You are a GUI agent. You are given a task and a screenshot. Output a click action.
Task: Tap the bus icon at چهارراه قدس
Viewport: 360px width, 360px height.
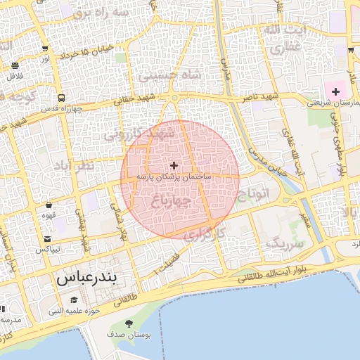click(62, 98)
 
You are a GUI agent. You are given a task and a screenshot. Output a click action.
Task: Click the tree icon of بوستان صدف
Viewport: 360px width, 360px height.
click(129, 323)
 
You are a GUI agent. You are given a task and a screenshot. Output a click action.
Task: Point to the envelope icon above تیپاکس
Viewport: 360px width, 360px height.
click(47, 239)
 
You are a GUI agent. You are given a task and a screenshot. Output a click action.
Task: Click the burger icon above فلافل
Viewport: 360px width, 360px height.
click(15, 65)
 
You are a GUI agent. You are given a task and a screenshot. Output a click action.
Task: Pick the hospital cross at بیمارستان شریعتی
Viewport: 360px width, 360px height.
click(335, 91)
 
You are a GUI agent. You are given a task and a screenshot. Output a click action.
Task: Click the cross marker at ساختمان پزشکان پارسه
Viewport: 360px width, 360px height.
click(174, 165)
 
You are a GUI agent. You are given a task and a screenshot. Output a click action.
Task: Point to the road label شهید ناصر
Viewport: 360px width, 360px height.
click(259, 96)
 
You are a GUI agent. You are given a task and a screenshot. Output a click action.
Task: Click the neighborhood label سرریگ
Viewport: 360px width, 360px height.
click(284, 244)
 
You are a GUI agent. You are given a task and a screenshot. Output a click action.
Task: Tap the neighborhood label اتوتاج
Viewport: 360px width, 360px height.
click(255, 194)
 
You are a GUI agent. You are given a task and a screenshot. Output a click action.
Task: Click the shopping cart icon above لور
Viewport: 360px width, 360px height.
click(46, 49)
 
